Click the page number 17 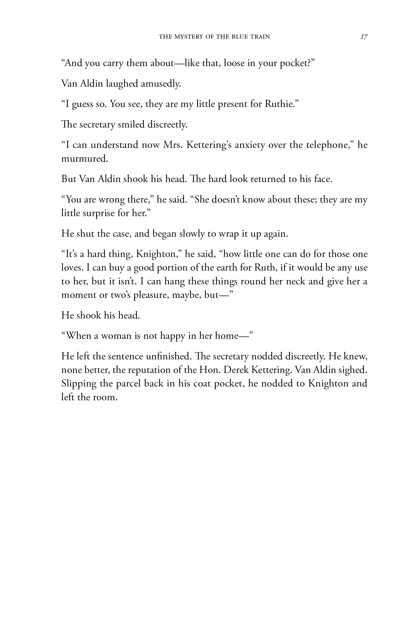coord(364,36)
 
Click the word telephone coord(328,145)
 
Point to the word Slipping coord(79,384)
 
